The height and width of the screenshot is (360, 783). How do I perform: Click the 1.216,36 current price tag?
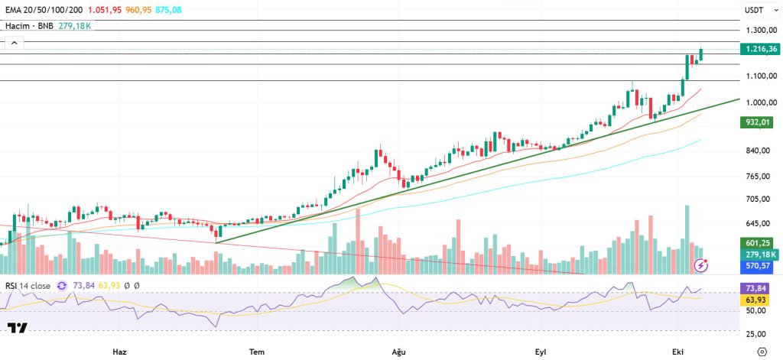[x=761, y=49]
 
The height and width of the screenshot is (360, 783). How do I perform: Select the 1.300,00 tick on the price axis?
[x=761, y=30]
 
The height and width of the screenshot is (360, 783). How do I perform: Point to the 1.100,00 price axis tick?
[x=761, y=76]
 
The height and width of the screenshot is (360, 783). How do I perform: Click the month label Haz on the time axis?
[x=119, y=351]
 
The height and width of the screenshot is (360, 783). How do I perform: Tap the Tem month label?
[x=257, y=351]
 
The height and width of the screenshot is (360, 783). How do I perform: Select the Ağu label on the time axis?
[x=398, y=351]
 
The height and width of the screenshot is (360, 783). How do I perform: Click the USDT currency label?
[x=754, y=11]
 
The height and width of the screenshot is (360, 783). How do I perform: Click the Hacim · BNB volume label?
[x=29, y=25]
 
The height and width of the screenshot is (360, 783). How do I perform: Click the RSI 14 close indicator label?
[x=28, y=286]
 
